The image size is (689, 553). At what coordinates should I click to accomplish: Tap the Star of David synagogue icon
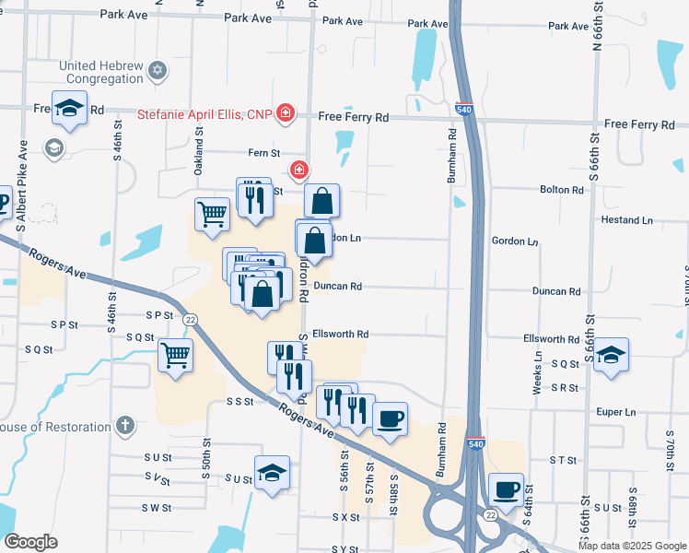point(157,70)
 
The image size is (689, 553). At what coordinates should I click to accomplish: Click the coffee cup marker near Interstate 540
point(506,490)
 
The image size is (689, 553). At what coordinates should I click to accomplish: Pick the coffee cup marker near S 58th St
point(390,419)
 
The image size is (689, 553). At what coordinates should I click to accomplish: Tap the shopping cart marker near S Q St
point(175,355)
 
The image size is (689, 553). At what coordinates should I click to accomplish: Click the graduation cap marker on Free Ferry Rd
point(69,109)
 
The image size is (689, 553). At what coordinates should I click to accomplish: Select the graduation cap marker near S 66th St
point(611,355)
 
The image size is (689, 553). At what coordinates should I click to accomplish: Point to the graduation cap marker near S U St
point(272,474)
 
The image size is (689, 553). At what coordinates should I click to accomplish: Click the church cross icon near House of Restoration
point(125,426)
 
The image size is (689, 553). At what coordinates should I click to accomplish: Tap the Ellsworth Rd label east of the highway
point(551,339)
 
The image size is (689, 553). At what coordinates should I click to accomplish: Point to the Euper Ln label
point(617,412)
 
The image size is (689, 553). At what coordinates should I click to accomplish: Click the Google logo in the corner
point(30,543)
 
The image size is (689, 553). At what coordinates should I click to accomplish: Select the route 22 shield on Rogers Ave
point(191,318)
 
